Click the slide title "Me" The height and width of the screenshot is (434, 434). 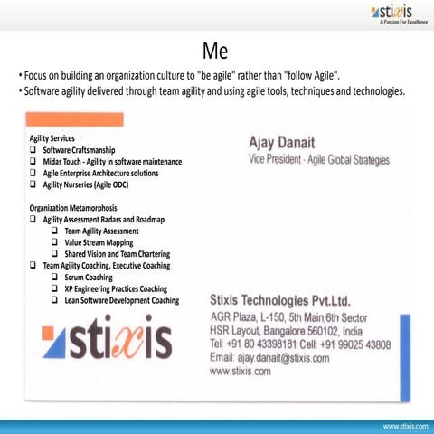pos(215,47)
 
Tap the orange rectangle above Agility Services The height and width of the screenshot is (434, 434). pos(75,119)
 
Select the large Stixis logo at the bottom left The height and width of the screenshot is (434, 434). pos(107,343)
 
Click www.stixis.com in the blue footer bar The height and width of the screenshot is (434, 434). pos(403,425)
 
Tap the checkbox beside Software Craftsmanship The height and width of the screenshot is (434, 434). pos(33,148)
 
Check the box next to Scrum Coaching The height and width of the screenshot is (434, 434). pos(55,278)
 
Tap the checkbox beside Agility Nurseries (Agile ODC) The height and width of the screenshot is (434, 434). pos(33,184)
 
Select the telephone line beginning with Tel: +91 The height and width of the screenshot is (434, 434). pos(299,344)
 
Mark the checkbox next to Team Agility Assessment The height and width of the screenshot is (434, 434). pos(55,231)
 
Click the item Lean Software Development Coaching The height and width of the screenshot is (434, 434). pos(121,301)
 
